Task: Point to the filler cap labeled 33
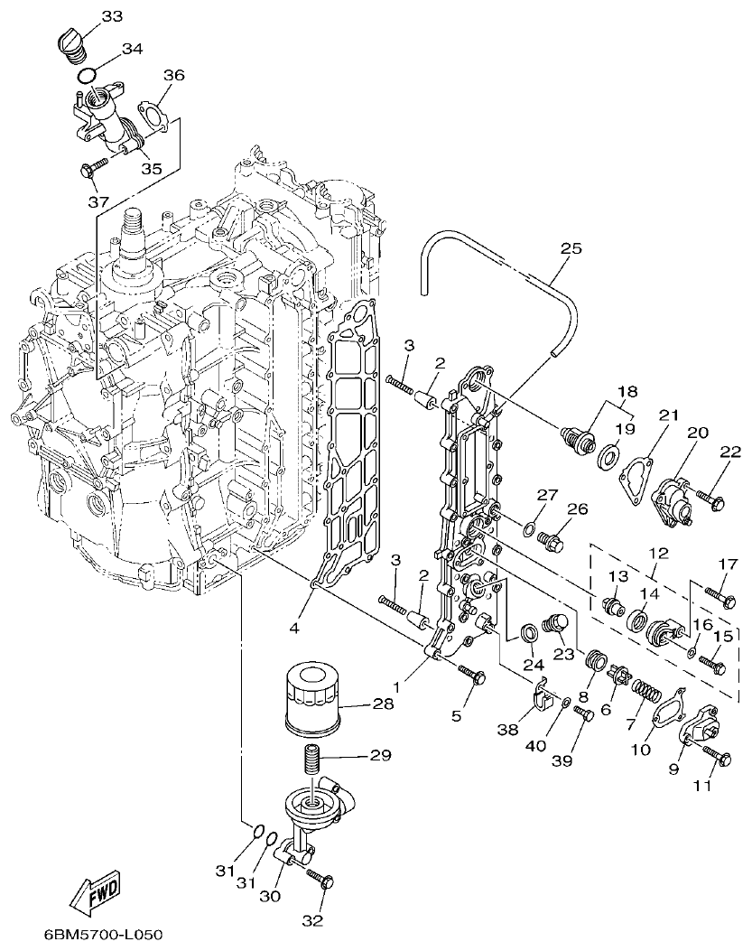pos(70,42)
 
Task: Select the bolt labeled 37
pos(95,168)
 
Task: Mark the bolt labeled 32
pos(321,878)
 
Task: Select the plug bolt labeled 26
pos(550,540)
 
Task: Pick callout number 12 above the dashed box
pos(658,552)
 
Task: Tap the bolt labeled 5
pos(473,674)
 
